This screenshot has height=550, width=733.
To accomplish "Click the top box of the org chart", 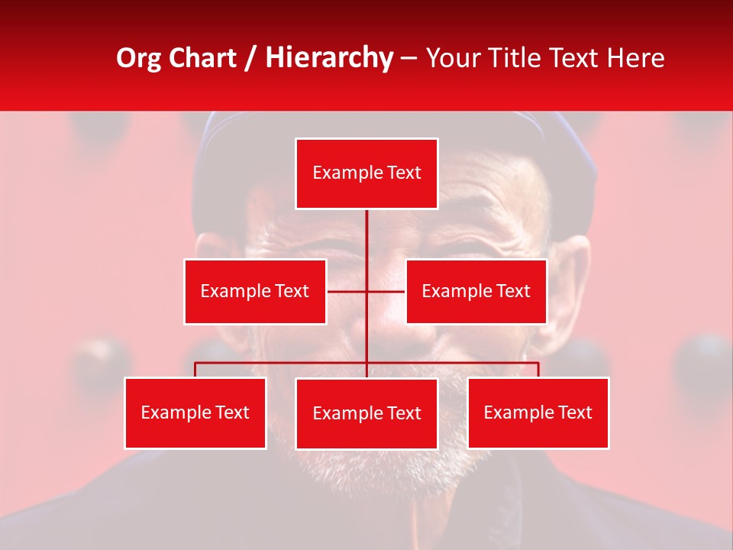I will pos(366,173).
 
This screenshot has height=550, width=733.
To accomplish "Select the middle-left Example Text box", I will pos(255,291).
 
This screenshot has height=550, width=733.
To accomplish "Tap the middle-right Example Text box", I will pos(476,291).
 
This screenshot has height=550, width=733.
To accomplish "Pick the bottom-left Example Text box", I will pos(195,412).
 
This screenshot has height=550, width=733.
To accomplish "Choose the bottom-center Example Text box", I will pos(366,413).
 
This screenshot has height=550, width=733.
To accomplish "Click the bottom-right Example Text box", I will pos(538,412).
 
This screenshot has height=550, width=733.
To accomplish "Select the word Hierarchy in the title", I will pos(328,58).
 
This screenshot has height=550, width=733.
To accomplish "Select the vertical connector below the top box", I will pos(366,237).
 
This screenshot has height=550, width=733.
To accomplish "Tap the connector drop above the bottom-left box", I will pos(195,370).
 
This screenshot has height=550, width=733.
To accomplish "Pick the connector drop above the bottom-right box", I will pos(538,370).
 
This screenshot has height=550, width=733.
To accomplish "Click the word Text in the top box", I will pos(404,173).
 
